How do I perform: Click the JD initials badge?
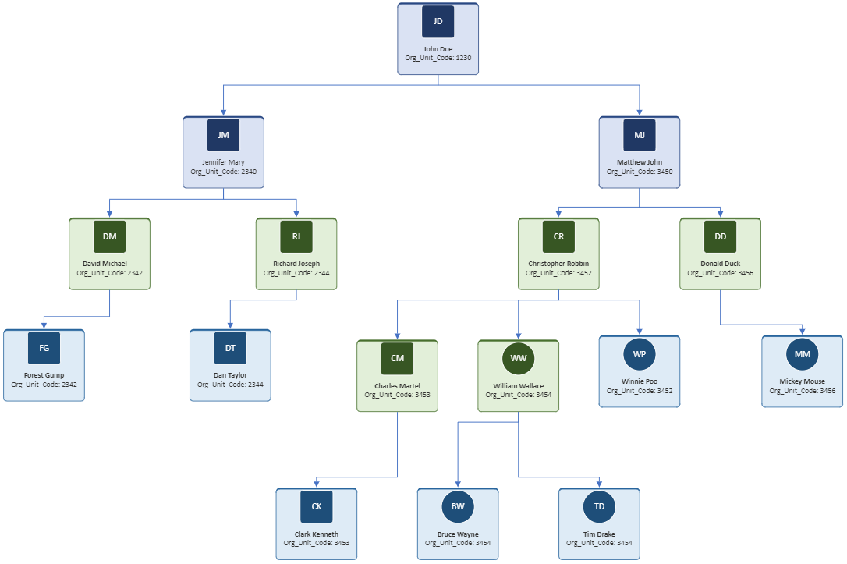coord(438,22)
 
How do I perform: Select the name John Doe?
coord(438,49)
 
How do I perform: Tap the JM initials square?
coord(223,135)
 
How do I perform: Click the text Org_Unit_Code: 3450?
coord(640,172)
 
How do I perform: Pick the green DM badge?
coord(110,236)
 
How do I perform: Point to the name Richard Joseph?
coord(296,264)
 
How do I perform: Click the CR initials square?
coord(558,236)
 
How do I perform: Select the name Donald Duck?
coord(720,264)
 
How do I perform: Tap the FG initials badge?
coord(44,348)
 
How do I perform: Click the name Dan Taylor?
coord(230,375)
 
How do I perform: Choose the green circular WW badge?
coord(519,358)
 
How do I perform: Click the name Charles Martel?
coord(397,386)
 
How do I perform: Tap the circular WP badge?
coord(640,354)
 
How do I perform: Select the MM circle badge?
coord(803,354)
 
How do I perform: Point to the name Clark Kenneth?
coord(317,534)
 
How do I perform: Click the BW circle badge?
coord(458,507)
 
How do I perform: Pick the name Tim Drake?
coord(599,534)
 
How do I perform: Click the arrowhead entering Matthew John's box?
coord(640,112)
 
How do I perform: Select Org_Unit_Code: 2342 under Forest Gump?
coord(44,385)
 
